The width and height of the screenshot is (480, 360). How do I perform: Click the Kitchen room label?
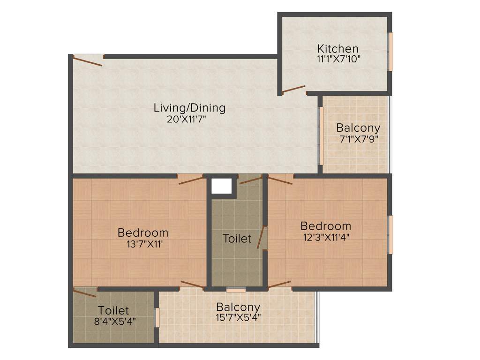337,49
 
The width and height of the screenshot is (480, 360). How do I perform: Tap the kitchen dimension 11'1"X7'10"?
338,59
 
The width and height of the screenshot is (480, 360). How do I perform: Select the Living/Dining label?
189,108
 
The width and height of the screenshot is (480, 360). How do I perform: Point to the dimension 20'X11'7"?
187,119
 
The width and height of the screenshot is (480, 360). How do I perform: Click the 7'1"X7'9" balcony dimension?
359,139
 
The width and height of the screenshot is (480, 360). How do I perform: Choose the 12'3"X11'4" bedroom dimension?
326,236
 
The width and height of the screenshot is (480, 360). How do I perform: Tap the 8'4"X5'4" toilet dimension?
113,321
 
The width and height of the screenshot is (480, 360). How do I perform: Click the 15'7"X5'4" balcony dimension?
238,317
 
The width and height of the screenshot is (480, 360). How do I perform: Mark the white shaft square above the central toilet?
221,186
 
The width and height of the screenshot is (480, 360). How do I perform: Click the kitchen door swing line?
294,89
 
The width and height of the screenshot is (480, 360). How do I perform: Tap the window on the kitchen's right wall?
390,52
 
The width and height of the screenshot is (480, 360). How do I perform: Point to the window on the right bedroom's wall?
390,234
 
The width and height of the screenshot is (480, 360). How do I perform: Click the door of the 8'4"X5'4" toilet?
85,293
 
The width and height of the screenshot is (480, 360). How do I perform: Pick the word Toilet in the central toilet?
237,239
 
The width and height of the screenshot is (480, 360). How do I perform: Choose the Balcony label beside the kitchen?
358,128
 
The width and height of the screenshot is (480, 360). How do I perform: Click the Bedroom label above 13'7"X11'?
143,232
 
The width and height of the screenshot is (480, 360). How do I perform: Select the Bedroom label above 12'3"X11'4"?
326,226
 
